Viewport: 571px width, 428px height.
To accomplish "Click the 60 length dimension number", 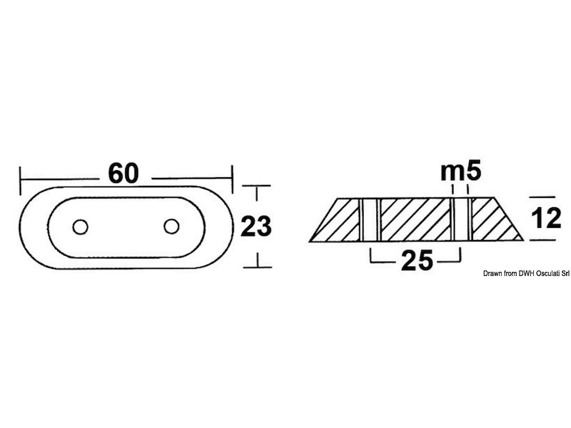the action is pos(123,174).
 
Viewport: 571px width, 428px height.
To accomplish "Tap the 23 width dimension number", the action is pos(256,226).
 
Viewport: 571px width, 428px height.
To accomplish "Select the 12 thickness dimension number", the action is pos(546,218).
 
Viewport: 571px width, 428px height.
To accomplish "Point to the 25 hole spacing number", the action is pos(417,260).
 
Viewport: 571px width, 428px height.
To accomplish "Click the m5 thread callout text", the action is pos(461,170).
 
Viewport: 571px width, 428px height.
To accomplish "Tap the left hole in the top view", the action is pos(80,227).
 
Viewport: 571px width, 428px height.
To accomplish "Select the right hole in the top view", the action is pos(171,226).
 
